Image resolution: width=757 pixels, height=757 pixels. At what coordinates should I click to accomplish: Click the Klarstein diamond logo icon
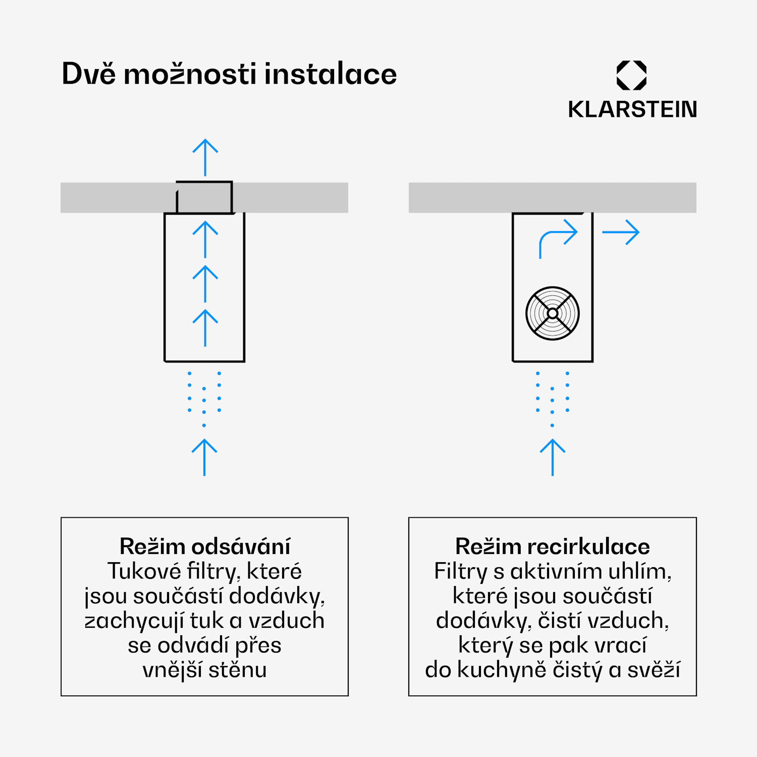[x=631, y=75]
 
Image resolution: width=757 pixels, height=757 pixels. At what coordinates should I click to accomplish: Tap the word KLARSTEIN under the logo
[x=632, y=110]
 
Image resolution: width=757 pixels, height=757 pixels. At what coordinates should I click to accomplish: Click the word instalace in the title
[x=331, y=74]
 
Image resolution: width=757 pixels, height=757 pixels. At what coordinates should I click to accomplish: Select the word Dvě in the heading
[x=89, y=74]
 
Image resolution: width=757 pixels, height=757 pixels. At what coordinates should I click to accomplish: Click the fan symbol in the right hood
[x=553, y=313]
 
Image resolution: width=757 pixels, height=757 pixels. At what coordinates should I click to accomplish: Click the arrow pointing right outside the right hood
[x=621, y=232]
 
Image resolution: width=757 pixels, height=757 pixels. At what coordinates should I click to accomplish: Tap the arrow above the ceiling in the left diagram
[x=205, y=157]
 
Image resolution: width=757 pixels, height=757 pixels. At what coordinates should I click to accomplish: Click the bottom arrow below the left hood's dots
[x=204, y=457]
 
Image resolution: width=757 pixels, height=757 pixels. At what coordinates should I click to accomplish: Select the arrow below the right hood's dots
[x=553, y=457]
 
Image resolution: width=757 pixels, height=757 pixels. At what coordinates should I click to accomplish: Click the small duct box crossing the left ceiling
[x=204, y=197]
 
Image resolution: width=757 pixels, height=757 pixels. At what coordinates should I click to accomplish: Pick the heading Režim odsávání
[x=205, y=546]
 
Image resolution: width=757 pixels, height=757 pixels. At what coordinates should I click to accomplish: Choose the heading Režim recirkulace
[x=553, y=546]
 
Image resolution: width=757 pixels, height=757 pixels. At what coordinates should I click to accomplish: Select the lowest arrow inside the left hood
[x=205, y=328]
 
